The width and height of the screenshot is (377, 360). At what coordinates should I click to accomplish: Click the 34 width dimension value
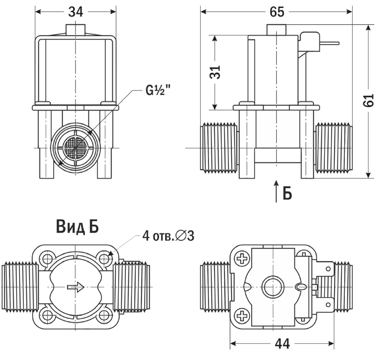click(x=75, y=11)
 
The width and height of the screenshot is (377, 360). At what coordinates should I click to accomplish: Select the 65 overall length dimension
click(x=276, y=12)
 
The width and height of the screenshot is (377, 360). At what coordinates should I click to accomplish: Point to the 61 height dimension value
click(x=368, y=101)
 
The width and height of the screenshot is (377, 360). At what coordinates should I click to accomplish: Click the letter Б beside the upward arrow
click(x=287, y=192)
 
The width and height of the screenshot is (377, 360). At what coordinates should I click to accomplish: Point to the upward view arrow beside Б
click(x=276, y=191)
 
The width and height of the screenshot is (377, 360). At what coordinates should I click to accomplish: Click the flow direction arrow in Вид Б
click(x=75, y=287)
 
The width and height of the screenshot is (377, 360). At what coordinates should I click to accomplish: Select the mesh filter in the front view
click(x=75, y=149)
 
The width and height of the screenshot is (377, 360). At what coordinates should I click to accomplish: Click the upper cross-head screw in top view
click(x=242, y=258)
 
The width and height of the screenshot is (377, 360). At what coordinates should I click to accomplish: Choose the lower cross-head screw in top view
click(x=242, y=316)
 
